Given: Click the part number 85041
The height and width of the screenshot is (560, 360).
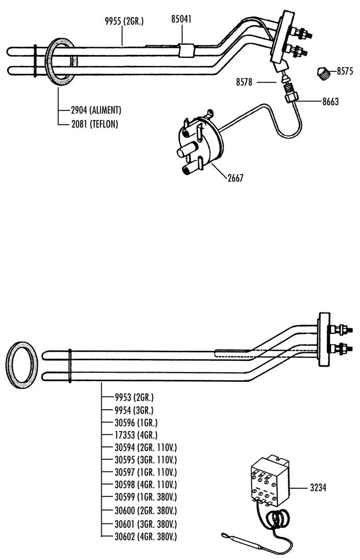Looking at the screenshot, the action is [181, 19].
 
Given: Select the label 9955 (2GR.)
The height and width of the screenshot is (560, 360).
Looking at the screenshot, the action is [124, 21].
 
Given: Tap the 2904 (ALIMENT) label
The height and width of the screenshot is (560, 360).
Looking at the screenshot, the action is [96, 109].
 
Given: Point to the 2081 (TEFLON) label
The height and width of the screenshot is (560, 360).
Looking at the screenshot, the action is [94, 124].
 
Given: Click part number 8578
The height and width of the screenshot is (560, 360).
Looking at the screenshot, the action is [244, 82].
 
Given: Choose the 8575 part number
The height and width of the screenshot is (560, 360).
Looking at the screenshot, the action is [345, 71].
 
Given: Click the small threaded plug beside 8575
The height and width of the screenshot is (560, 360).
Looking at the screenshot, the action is [323, 73].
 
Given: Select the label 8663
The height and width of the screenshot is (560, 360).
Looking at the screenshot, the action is [330, 102].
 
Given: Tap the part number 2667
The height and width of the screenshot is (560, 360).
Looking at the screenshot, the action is [235, 178].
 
